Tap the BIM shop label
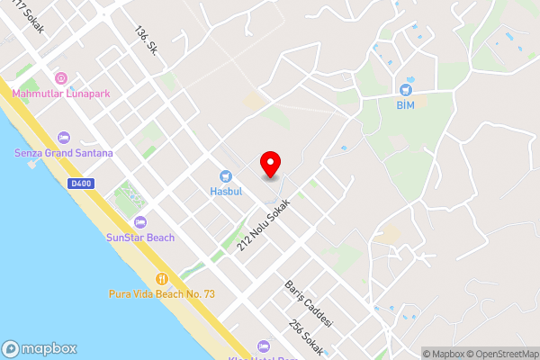tap(406, 104)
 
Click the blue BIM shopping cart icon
tap(406, 90)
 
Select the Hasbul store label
tap(225, 192)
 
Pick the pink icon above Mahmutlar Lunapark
tap(61, 78)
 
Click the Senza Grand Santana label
tap(64, 153)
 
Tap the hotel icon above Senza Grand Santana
tap(63, 138)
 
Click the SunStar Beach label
tap(139, 238)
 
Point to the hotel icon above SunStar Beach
tap(139, 222)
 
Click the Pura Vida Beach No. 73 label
tap(162, 294)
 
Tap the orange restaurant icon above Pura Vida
tap(162, 279)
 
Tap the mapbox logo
tap(39, 348)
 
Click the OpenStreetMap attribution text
tap(499, 354)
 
